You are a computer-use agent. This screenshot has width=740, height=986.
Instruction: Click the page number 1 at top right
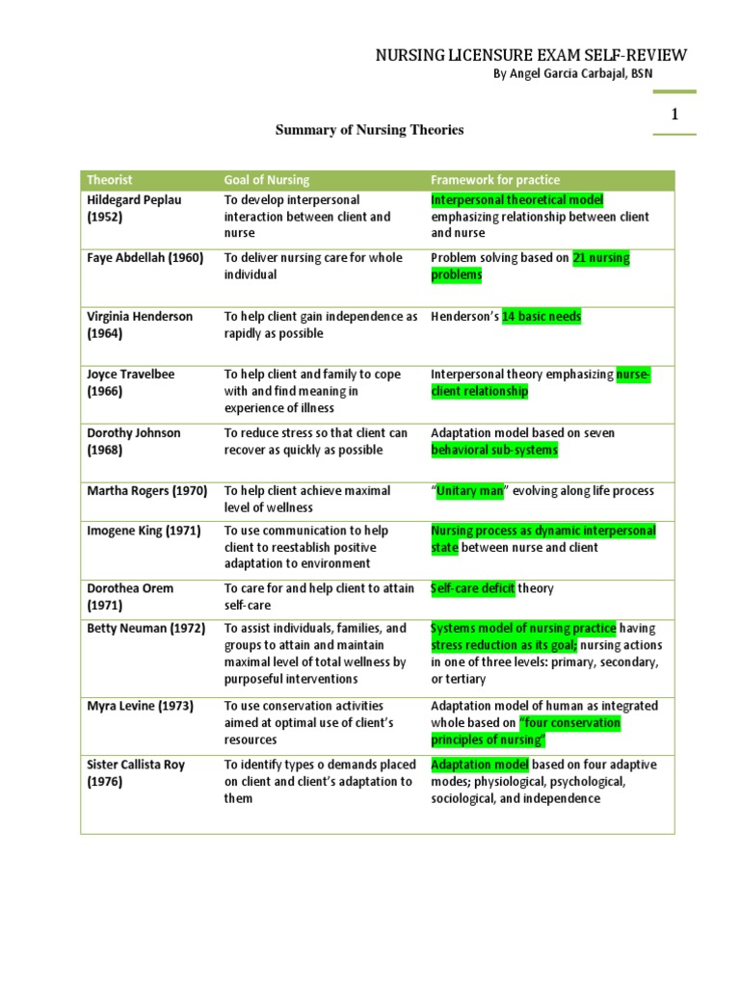tap(674, 115)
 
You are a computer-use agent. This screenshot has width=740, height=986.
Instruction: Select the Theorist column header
tap(110, 180)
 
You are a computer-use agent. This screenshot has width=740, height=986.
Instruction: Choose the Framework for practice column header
tap(494, 180)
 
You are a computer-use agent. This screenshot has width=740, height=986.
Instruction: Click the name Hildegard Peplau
tap(134, 199)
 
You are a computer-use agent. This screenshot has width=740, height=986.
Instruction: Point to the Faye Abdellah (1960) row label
tap(145, 258)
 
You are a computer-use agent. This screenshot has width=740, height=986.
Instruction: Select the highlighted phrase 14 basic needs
tap(542, 316)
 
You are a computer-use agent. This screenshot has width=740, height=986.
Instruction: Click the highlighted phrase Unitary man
tap(470, 490)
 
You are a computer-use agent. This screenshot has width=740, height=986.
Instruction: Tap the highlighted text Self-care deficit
tap(473, 587)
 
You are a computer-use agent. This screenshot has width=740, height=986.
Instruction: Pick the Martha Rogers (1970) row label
tap(146, 490)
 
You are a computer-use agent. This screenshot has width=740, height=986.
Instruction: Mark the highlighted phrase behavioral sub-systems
tap(494, 450)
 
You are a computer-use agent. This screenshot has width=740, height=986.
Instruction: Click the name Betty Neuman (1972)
tap(145, 628)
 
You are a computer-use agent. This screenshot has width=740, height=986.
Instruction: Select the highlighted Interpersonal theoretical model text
tap(516, 199)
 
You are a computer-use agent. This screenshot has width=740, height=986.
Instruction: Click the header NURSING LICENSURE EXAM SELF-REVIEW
tap(531, 57)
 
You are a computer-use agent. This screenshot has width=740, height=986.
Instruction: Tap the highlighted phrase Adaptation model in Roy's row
tap(480, 765)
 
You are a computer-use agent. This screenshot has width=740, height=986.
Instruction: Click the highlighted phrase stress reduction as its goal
tap(501, 645)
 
